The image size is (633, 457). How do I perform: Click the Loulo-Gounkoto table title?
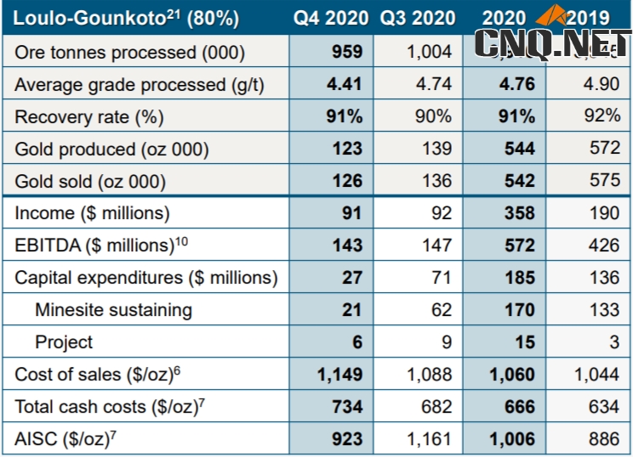pos(127,18)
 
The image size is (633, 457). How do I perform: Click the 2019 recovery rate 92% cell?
pos(602,116)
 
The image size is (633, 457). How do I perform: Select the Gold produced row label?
pos(111,149)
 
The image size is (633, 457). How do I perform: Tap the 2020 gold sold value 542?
pos(520,181)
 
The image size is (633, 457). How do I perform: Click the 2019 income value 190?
pos(603,213)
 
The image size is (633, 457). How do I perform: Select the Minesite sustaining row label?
pos(113,310)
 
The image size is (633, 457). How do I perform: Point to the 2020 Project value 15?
pos(525,342)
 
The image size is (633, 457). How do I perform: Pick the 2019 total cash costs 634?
pos(603,407)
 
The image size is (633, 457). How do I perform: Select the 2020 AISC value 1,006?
pos(511,439)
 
